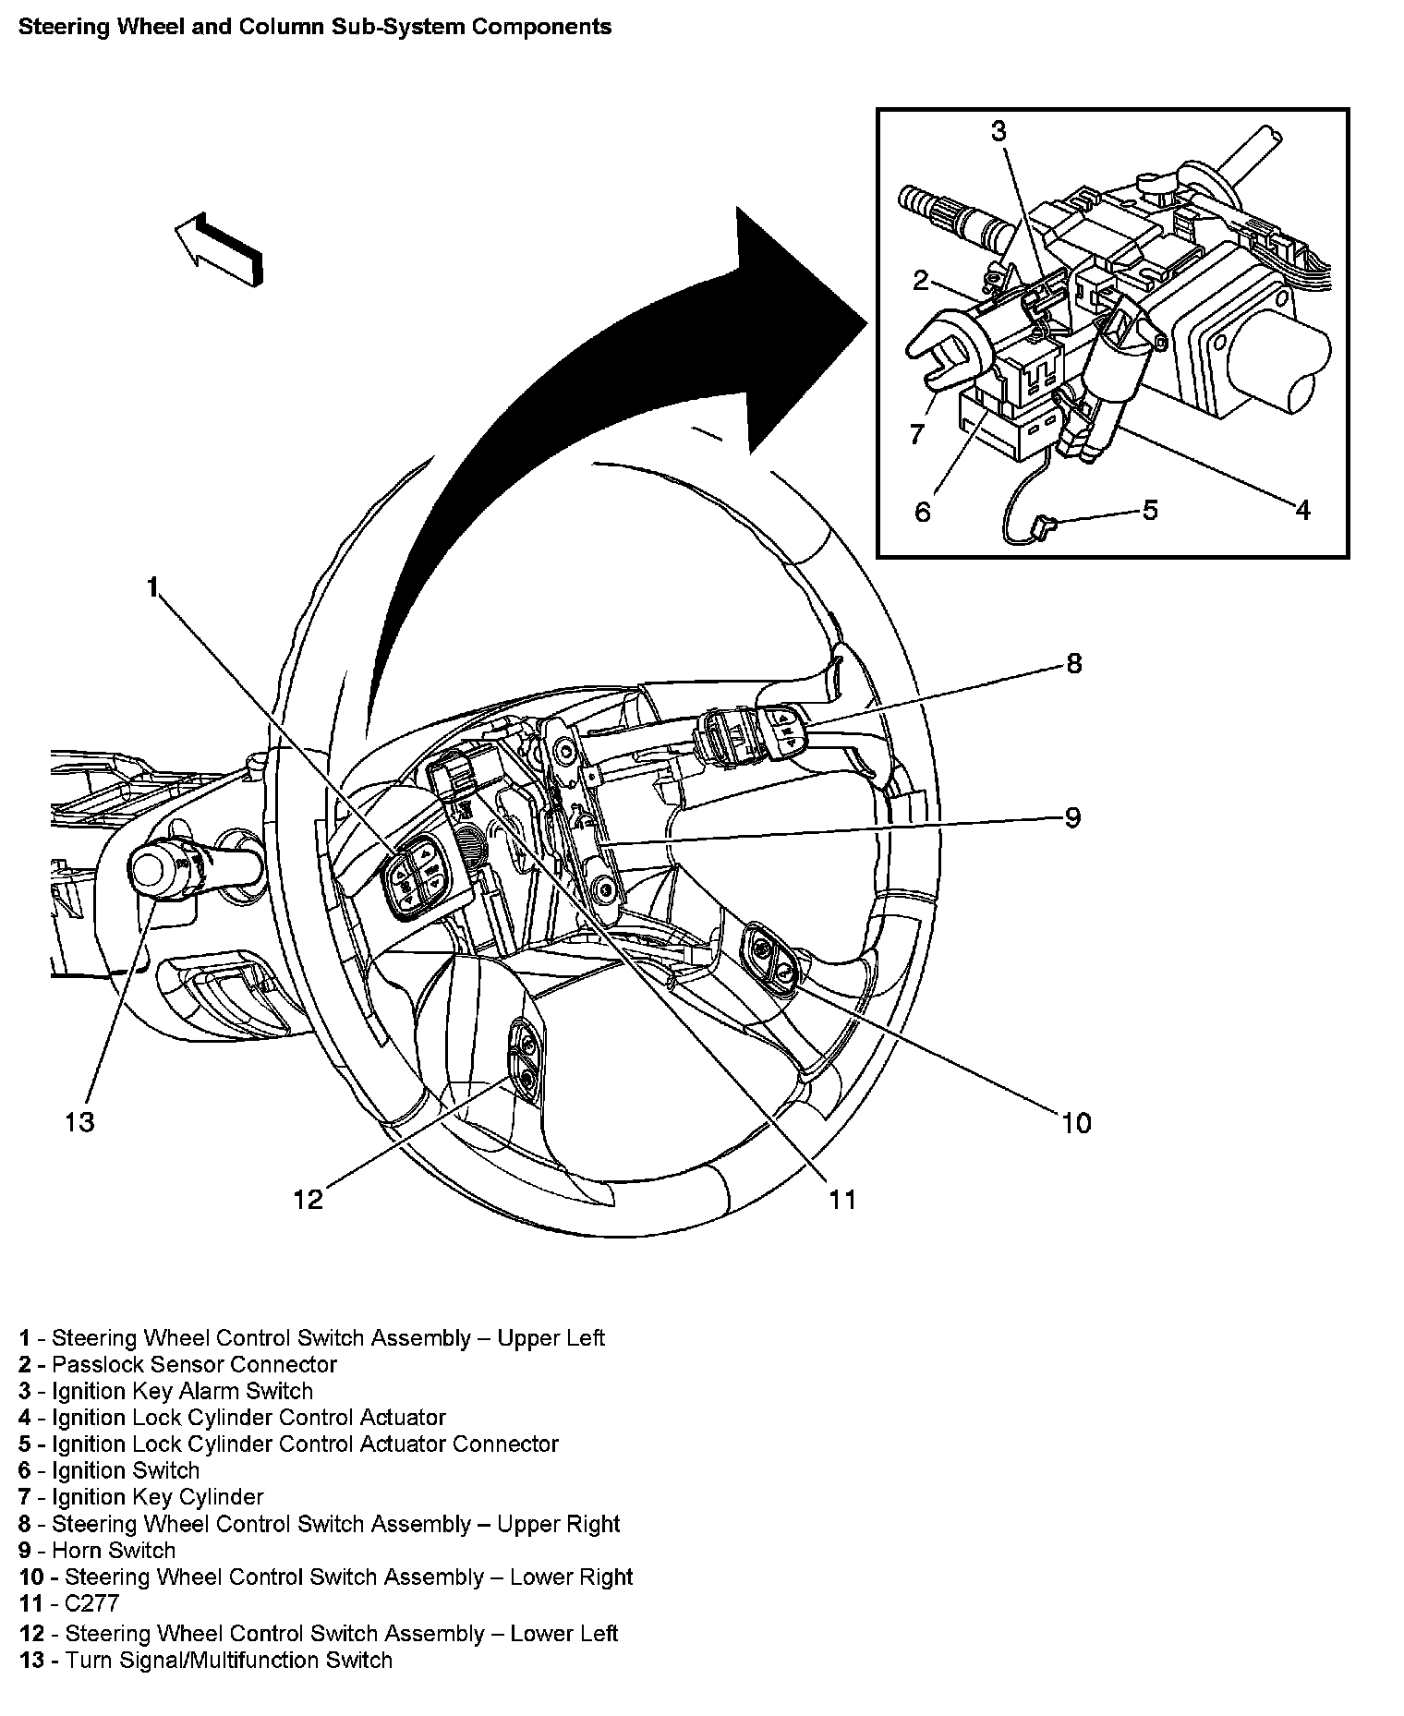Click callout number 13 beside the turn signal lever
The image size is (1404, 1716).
tap(79, 1122)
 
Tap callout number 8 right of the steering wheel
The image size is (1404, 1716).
tap(1073, 663)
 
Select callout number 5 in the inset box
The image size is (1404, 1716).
tap(1150, 510)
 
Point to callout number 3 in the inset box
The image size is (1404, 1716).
tap(999, 132)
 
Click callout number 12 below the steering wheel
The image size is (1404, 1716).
tap(309, 1199)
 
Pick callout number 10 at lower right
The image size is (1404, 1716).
tap(1076, 1123)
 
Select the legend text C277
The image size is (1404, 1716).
tap(91, 1603)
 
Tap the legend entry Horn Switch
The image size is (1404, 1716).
tap(113, 1550)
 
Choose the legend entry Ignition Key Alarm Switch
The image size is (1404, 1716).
tap(181, 1391)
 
